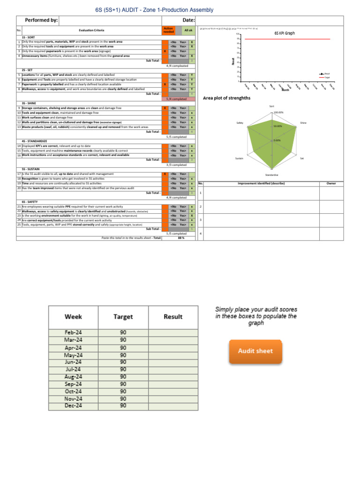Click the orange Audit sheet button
255,351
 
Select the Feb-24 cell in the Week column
74,332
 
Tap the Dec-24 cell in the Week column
74,405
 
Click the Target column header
123,317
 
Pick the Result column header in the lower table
173,317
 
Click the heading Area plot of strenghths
226,98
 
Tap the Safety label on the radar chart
240,123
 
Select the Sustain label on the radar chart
239,158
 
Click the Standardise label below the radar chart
272,175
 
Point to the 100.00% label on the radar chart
279,112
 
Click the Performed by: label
41,20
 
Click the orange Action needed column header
168,30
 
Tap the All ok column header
188,30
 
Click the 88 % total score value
180,238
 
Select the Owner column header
331,183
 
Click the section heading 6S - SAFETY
30,202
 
